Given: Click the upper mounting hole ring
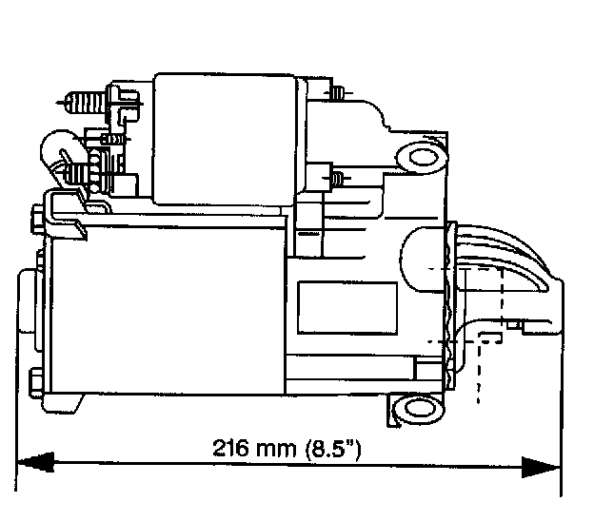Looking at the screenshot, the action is (415, 155).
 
